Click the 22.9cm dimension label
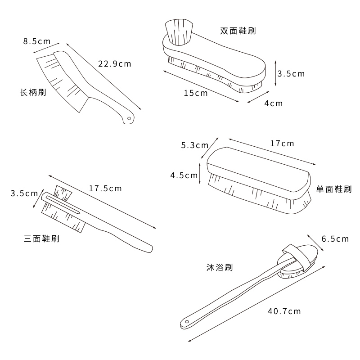tap(114, 64)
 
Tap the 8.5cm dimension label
tap(37, 41)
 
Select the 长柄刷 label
tap(33, 93)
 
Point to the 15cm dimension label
tap(196, 93)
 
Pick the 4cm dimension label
tap(273, 103)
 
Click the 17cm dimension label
tap(282, 144)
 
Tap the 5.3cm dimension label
tap(194, 145)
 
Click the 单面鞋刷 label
tap(334, 189)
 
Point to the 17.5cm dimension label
tap(105, 189)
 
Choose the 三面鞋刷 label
tap(41, 238)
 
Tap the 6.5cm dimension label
tap(335, 239)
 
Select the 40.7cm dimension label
tap(284, 311)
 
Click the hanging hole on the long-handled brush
tap(130, 119)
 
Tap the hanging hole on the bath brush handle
tap(186, 323)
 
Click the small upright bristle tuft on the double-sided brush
tap(179, 32)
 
